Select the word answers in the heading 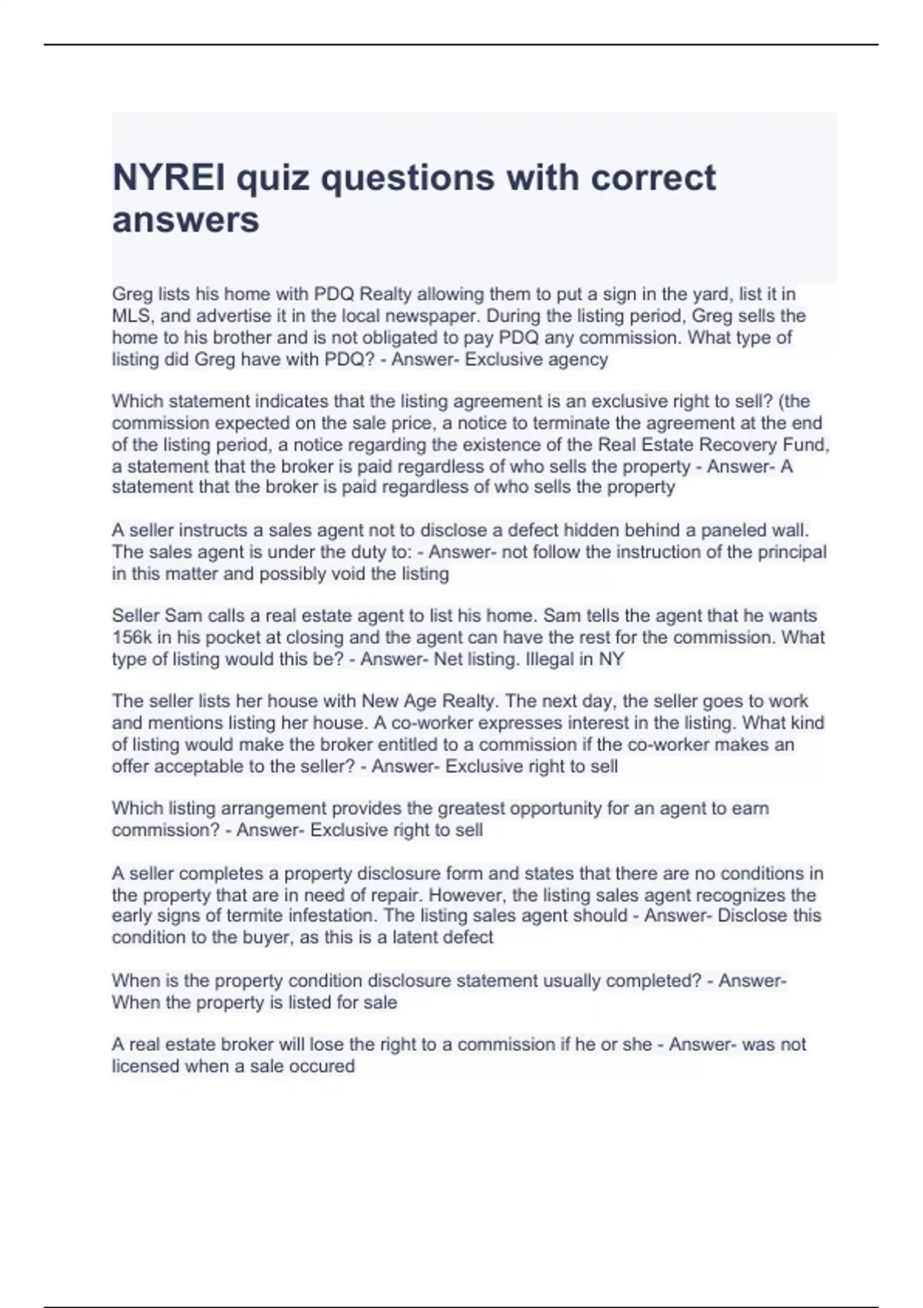(185, 220)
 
